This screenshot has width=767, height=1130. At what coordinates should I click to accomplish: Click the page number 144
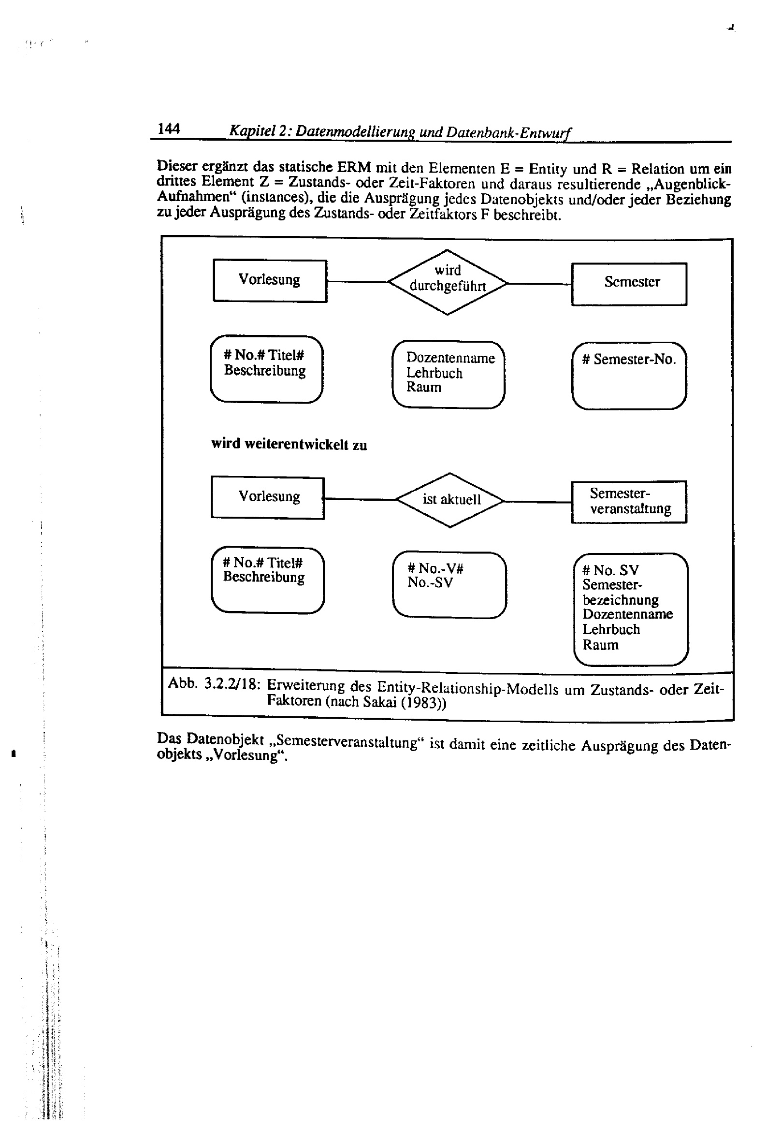tap(169, 129)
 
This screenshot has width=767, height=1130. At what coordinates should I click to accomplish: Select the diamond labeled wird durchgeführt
tap(447, 281)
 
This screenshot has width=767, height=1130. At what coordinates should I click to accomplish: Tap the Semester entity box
tap(629, 284)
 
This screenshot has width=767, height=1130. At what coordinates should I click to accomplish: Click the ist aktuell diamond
tap(450, 499)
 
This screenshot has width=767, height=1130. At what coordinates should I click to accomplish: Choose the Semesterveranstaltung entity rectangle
tap(629, 501)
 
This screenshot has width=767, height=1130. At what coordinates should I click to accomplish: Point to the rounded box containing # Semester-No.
tap(629, 376)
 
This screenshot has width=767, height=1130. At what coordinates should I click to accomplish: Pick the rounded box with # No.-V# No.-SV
tap(449, 584)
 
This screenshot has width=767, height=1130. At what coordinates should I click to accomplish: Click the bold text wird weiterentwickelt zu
tap(289, 444)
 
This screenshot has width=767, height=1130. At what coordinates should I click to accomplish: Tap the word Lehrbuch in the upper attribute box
tap(434, 373)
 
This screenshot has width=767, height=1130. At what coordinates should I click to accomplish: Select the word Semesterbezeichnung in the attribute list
tap(620, 592)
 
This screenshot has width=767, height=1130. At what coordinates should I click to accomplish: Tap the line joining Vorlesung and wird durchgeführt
tap(357, 281)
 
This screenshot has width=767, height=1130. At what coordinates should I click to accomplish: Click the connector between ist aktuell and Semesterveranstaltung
tap(537, 501)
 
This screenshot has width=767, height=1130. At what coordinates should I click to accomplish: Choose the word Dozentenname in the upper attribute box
tap(450, 358)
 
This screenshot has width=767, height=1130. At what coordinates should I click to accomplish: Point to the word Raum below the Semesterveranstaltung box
tap(600, 645)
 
